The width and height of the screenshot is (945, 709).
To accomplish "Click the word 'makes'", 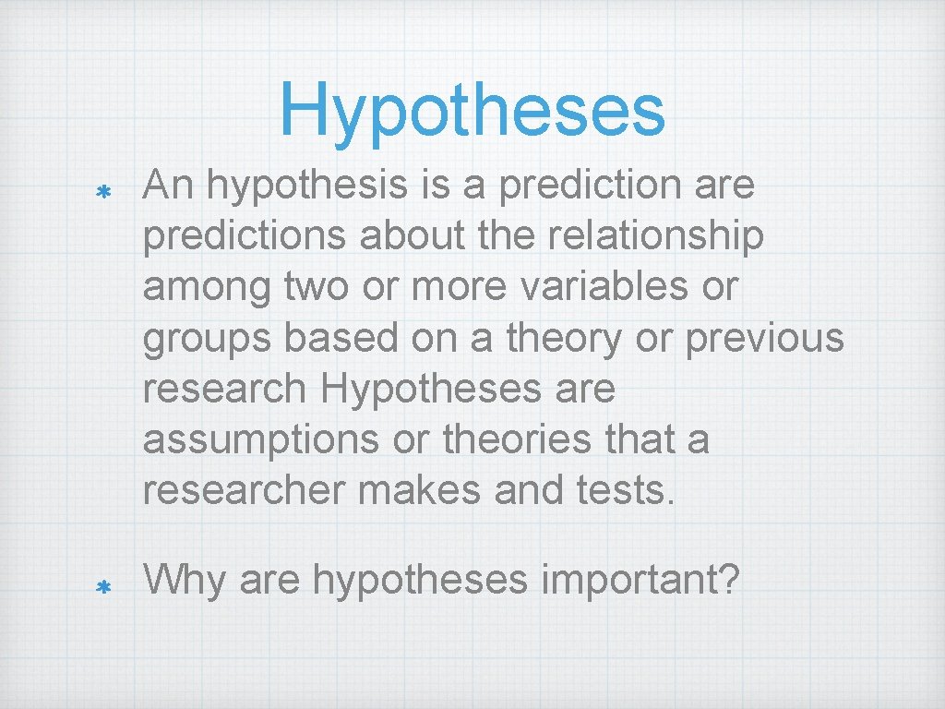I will [418, 489].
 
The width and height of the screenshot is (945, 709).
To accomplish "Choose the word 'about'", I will [411, 236].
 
